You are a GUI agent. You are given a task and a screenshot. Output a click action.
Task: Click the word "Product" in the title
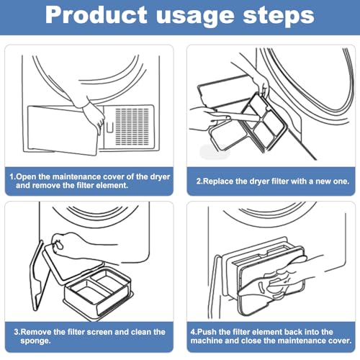click(96, 15)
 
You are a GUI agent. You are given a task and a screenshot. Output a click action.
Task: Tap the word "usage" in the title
click(195, 17)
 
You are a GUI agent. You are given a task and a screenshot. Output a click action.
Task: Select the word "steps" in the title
click(279, 17)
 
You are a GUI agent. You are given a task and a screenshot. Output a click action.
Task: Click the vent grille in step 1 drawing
click(132, 127)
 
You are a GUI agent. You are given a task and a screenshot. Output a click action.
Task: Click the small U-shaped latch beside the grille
click(110, 127)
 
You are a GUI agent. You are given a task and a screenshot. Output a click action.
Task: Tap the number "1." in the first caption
click(12, 177)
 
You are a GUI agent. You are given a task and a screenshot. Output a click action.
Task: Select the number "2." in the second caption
click(199, 181)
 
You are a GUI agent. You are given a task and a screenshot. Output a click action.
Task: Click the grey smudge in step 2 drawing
click(215, 152)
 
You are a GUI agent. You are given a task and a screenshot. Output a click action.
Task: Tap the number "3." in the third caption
click(17, 332)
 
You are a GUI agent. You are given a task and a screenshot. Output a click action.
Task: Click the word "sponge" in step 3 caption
click(35, 341)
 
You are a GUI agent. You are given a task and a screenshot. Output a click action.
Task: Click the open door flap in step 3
click(38, 276)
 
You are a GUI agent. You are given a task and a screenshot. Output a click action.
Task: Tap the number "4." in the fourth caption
click(194, 332)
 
